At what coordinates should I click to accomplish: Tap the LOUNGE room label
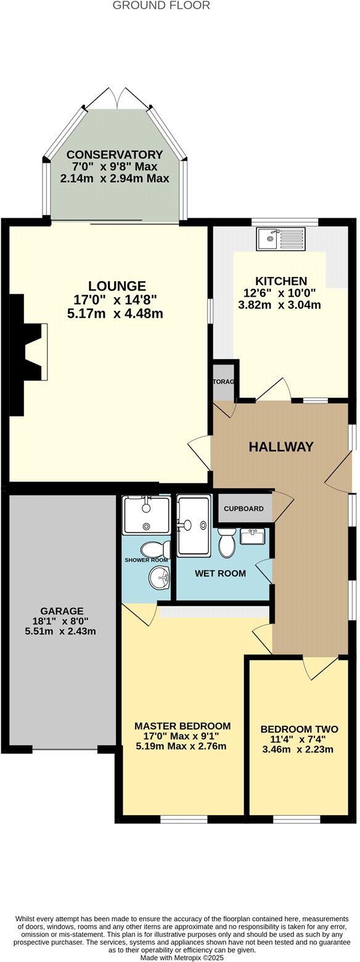(x=117, y=286)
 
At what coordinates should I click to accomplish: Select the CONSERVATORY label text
(x=115, y=154)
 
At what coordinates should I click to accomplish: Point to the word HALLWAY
(x=281, y=447)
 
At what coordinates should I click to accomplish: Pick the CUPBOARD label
(x=243, y=509)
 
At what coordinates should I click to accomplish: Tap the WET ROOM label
(x=220, y=573)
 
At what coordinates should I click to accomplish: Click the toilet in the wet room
(x=226, y=545)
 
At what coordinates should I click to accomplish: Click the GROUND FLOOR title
(x=162, y=6)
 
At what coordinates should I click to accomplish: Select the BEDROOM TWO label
(x=299, y=728)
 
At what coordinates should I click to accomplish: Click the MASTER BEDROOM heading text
(x=182, y=726)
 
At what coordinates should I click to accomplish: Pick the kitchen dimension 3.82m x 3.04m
(x=280, y=305)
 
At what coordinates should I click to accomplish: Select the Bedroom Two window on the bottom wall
(x=297, y=819)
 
